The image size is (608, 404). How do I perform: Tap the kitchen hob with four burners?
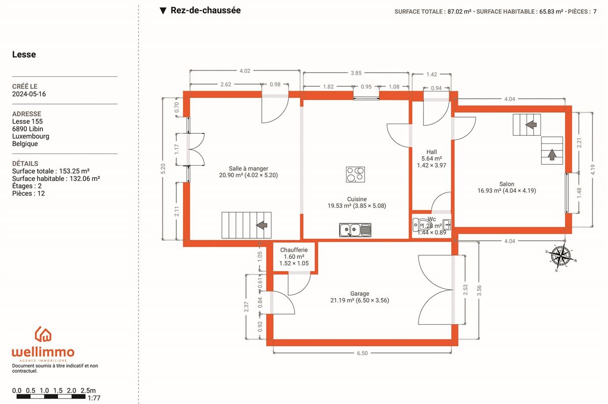(x=355, y=174)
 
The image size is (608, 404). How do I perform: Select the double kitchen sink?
(x=355, y=230)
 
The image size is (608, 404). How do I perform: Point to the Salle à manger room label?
(x=248, y=168)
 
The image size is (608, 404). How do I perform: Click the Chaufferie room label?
(x=294, y=249)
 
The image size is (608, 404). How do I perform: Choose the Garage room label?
(x=360, y=293)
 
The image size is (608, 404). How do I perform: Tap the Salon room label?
(x=506, y=184)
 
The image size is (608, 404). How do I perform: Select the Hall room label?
(x=432, y=152)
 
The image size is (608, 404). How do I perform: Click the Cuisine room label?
(x=357, y=199)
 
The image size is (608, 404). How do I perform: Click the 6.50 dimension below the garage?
(x=362, y=353)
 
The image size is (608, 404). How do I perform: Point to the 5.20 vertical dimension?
(x=163, y=169)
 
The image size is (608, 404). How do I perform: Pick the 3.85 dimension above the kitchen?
(x=356, y=73)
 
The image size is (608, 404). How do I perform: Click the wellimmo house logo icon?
(x=43, y=334)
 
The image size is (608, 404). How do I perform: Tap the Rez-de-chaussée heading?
(x=206, y=10)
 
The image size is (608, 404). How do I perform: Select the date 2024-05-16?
(x=29, y=94)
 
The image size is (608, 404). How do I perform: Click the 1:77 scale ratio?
(x=93, y=398)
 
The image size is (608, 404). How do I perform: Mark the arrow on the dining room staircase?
(x=262, y=225)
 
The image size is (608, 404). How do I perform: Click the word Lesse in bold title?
(x=24, y=54)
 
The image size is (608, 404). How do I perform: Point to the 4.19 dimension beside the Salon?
(x=592, y=170)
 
